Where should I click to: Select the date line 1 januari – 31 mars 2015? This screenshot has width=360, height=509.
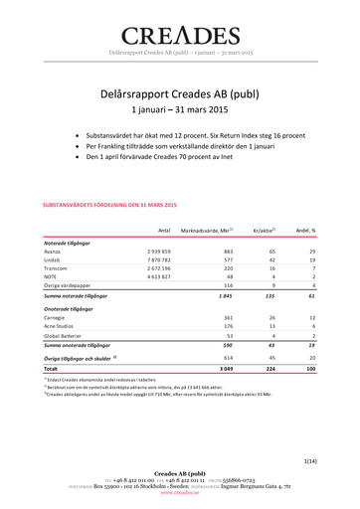click(180, 110)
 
